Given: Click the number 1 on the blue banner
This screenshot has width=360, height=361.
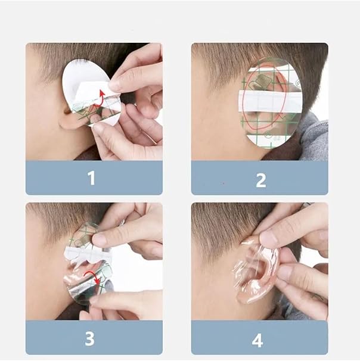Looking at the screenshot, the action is pyautogui.click(x=91, y=178).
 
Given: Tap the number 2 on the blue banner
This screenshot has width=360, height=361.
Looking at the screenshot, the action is pyautogui.click(x=260, y=181).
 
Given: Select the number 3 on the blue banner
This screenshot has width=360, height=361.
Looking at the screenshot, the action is pyautogui.click(x=90, y=338).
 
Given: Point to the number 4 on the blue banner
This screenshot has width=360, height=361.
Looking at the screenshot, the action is pyautogui.click(x=257, y=340).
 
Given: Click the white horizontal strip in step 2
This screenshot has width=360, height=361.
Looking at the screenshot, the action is pyautogui.click(x=270, y=101).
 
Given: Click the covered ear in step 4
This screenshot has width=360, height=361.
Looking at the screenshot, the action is pyautogui.click(x=256, y=272).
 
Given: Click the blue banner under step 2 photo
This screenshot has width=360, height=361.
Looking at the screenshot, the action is pyautogui.click(x=260, y=178).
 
